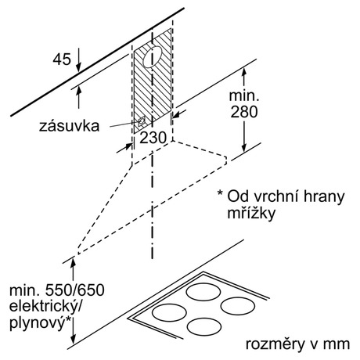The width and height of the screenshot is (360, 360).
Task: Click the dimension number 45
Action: click(x=62, y=59)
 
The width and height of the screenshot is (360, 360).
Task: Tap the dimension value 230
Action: click(x=153, y=138)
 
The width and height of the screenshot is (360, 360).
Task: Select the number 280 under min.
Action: click(x=244, y=112)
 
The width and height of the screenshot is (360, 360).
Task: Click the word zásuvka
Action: click(x=69, y=126)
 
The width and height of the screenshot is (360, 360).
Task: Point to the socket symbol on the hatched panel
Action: click(x=141, y=121)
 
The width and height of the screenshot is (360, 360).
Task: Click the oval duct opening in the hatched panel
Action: click(x=153, y=57)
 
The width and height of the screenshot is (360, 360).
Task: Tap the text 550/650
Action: click(x=75, y=290)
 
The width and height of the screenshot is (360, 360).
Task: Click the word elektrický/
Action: click(x=45, y=306)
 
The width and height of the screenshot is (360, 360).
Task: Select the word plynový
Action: click(x=37, y=323)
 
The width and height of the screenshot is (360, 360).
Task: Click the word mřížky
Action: click(x=251, y=213)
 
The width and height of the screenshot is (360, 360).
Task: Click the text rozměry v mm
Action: click(x=297, y=344)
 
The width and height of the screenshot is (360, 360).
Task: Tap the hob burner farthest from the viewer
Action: click(x=203, y=292)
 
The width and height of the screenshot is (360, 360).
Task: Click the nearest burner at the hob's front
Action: click(x=204, y=327)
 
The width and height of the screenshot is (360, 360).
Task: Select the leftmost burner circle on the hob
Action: click(x=169, y=312)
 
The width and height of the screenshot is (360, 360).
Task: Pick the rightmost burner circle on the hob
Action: click(x=238, y=306)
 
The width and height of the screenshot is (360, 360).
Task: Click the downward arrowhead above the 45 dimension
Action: click(x=78, y=67)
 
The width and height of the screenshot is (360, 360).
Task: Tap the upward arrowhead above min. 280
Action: click(x=244, y=73)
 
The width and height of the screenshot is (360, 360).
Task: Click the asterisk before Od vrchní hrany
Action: click(x=221, y=193)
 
